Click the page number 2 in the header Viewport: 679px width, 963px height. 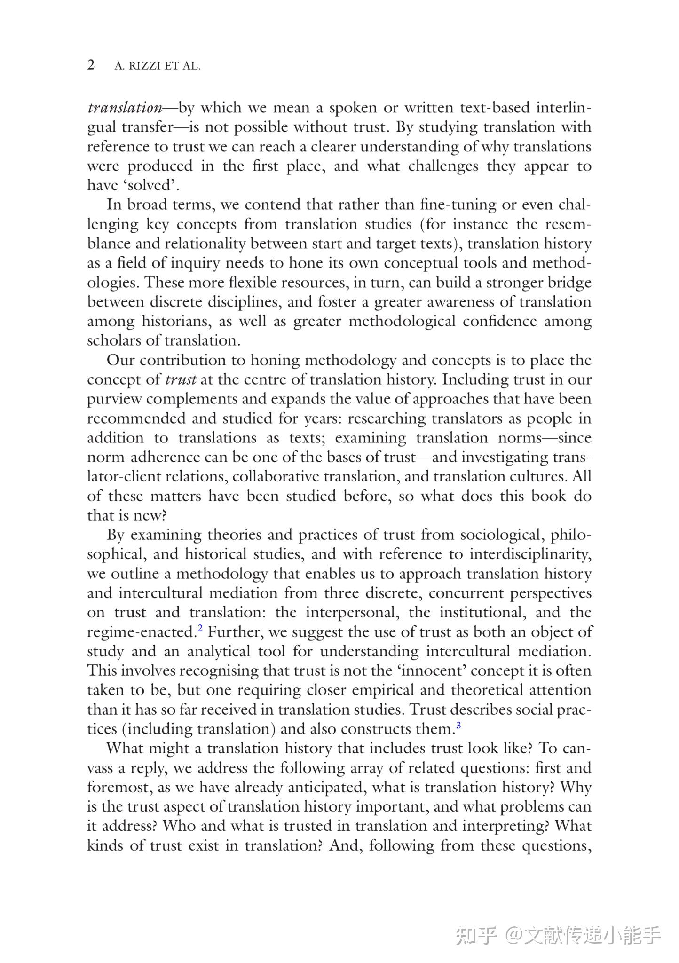click(91, 65)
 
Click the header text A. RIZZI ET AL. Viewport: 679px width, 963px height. click(157, 66)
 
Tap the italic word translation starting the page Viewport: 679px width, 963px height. click(125, 108)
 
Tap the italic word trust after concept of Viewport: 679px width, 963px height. click(181, 380)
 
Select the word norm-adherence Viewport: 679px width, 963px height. click(143, 458)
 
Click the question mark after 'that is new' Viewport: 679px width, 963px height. click(164, 516)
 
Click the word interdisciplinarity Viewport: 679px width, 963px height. click(529, 555)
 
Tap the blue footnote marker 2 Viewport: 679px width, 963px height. click(200, 628)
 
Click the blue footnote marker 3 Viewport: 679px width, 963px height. click(458, 726)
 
